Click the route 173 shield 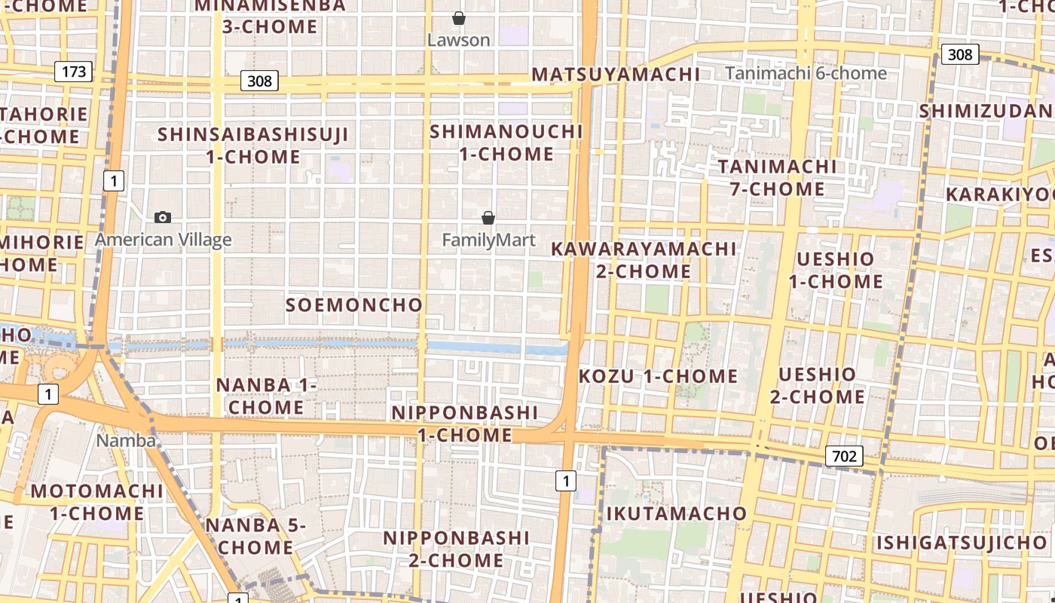pos(73,72)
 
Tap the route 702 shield pos(844,455)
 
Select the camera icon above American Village pos(162,218)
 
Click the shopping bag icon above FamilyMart pos(488,218)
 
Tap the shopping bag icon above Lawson pos(458,18)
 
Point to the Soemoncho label pos(354,305)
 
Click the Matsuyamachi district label pos(616,74)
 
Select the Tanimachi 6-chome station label pos(806,73)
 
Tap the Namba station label pos(126,440)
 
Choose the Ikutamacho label pos(677,513)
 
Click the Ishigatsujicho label pos(962,542)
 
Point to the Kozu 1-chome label pos(658,375)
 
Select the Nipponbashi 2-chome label pos(457,549)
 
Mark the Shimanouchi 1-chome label pos(506,142)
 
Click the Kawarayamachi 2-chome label pos(644,259)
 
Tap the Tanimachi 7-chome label pos(777,177)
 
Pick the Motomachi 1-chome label pos(97,502)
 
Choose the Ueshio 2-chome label pos(818,385)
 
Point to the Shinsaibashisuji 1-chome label pos(253,145)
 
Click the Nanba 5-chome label pos(255,536)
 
